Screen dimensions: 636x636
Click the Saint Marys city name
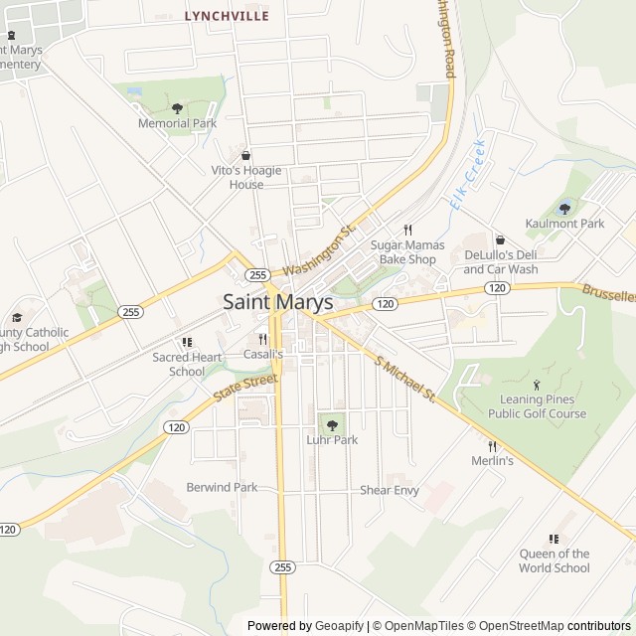pyautogui.click(x=263, y=301)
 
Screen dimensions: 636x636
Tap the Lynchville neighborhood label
pyautogui.click(x=227, y=16)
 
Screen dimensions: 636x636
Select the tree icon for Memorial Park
pyautogui.click(x=177, y=108)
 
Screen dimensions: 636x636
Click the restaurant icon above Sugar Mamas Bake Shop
pyautogui.click(x=406, y=230)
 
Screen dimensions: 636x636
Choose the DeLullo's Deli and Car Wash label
pyautogui.click(x=501, y=261)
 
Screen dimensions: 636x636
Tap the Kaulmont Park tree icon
pyautogui.click(x=564, y=209)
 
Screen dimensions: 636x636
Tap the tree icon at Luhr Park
pyautogui.click(x=332, y=425)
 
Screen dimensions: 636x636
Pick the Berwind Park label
pyautogui.click(x=222, y=487)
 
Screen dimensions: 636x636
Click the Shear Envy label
pyautogui.click(x=390, y=490)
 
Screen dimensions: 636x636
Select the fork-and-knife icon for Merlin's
pyautogui.click(x=492, y=446)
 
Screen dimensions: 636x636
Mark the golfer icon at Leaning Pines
pyautogui.click(x=537, y=385)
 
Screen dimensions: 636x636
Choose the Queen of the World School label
pyautogui.click(x=554, y=560)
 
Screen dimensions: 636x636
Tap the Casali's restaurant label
pyautogui.click(x=263, y=354)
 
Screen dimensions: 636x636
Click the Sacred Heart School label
pyautogui.click(x=187, y=364)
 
